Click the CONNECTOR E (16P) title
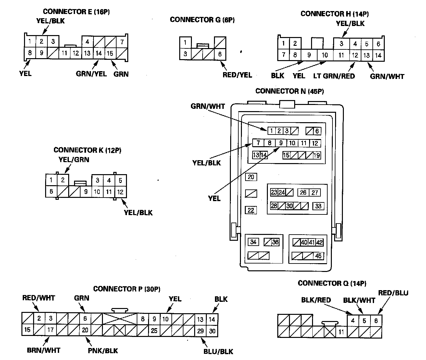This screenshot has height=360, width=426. [x=76, y=12]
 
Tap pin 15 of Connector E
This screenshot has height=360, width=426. [x=110, y=53]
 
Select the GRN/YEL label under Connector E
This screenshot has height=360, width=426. [x=91, y=74]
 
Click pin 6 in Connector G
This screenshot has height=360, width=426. [x=220, y=54]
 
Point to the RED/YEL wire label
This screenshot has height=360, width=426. [x=237, y=75]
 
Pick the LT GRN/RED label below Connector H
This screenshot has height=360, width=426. [x=334, y=76]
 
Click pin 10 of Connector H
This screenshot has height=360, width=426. [x=325, y=55]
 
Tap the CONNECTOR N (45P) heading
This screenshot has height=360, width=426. [x=289, y=91]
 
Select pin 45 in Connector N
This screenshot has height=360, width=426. [x=318, y=256]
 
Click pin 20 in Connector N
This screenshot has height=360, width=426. [x=251, y=177]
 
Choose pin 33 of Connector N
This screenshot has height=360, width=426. [x=318, y=206]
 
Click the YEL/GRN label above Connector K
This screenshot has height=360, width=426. [x=74, y=160]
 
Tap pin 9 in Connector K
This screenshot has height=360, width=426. [x=86, y=192]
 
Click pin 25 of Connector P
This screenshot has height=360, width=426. [x=154, y=330]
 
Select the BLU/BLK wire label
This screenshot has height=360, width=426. [x=219, y=351]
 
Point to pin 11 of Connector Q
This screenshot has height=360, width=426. [x=341, y=332]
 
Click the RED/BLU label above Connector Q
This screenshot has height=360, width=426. [x=393, y=293]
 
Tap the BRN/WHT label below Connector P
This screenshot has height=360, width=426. [x=44, y=350]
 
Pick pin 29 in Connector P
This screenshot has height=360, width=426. [x=200, y=331]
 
